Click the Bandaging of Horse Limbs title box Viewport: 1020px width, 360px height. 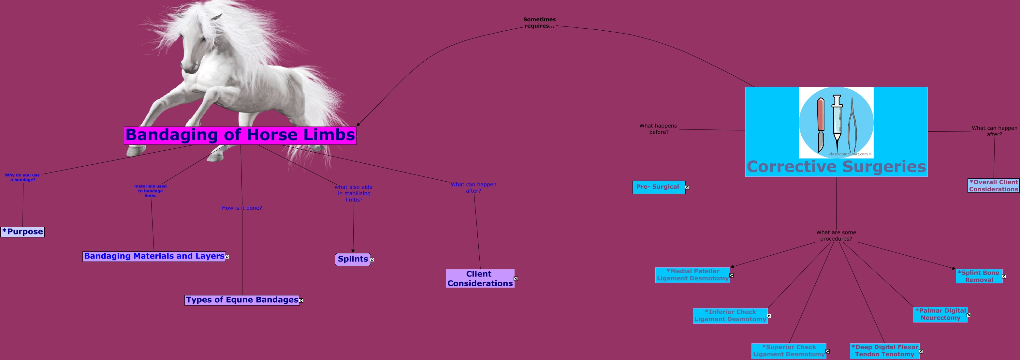pyautogui.click(x=240, y=135)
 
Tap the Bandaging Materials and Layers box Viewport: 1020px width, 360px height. pyautogui.click(x=154, y=256)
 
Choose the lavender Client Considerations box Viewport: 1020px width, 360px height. pyautogui.click(x=480, y=279)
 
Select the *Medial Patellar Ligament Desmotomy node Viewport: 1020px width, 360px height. pyautogui.click(x=692, y=275)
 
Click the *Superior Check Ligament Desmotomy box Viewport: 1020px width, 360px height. pyautogui.click(x=788, y=351)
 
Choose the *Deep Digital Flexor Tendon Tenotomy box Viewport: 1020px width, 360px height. pyautogui.click(x=884, y=351)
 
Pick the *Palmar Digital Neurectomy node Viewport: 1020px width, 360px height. pyautogui.click(x=940, y=314)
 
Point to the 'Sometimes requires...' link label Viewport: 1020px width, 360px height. pyautogui.click(x=539, y=22)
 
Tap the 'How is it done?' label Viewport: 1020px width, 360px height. pyautogui.click(x=241, y=208)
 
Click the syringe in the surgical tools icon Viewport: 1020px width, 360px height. pyautogui.click(x=837, y=118)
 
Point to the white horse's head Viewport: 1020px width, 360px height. pyautogui.click(x=198, y=48)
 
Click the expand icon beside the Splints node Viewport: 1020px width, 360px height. pyautogui.click(x=372, y=260)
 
